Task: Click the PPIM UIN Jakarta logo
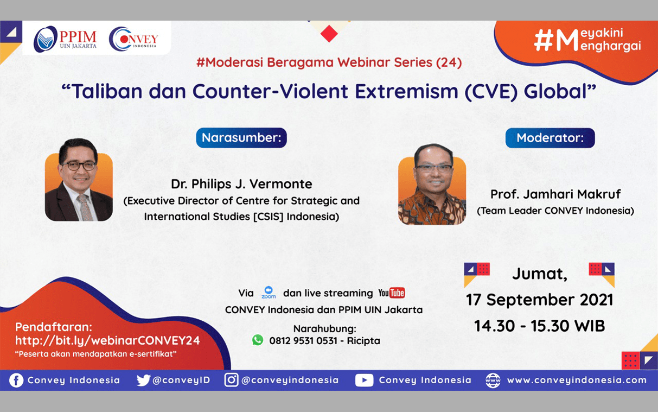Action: tap(65, 39)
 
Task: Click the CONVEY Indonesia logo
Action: tap(133, 39)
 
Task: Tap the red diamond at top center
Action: tap(329, 34)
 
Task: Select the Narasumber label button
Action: tap(241, 137)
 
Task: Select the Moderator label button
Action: tap(550, 138)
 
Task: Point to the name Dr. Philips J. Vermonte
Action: tap(241, 184)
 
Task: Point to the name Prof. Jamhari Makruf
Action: tap(555, 194)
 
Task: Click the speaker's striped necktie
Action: tap(85, 207)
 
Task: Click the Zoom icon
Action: tap(269, 293)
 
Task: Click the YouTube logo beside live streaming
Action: tap(392, 293)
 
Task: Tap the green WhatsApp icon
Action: tap(258, 340)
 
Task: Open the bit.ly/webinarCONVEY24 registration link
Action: tap(107, 340)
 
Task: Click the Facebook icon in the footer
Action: tap(16, 381)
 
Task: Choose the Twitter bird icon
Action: tap(143, 381)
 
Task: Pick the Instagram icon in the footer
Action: tap(231, 380)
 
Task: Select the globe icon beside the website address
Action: tap(493, 381)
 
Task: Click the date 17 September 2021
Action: tap(540, 300)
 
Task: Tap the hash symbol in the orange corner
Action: tap(544, 41)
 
